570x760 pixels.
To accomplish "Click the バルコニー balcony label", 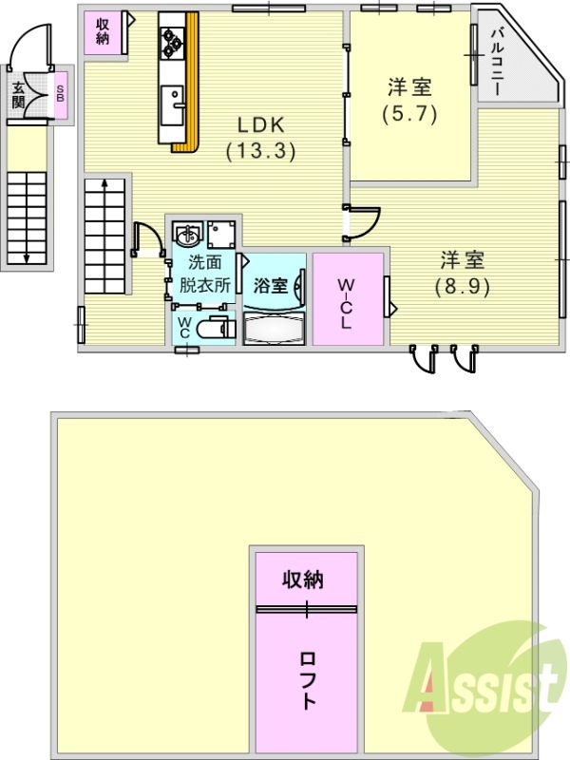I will [497, 62].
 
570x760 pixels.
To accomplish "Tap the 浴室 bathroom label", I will [271, 285].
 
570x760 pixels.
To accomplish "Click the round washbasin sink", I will [187, 233].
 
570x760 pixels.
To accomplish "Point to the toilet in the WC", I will [218, 329].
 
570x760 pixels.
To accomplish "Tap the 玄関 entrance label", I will [18, 94].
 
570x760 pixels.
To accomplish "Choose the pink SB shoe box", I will [61, 96].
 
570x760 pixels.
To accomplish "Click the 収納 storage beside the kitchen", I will [103, 32].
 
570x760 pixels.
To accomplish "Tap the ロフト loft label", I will [307, 680].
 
